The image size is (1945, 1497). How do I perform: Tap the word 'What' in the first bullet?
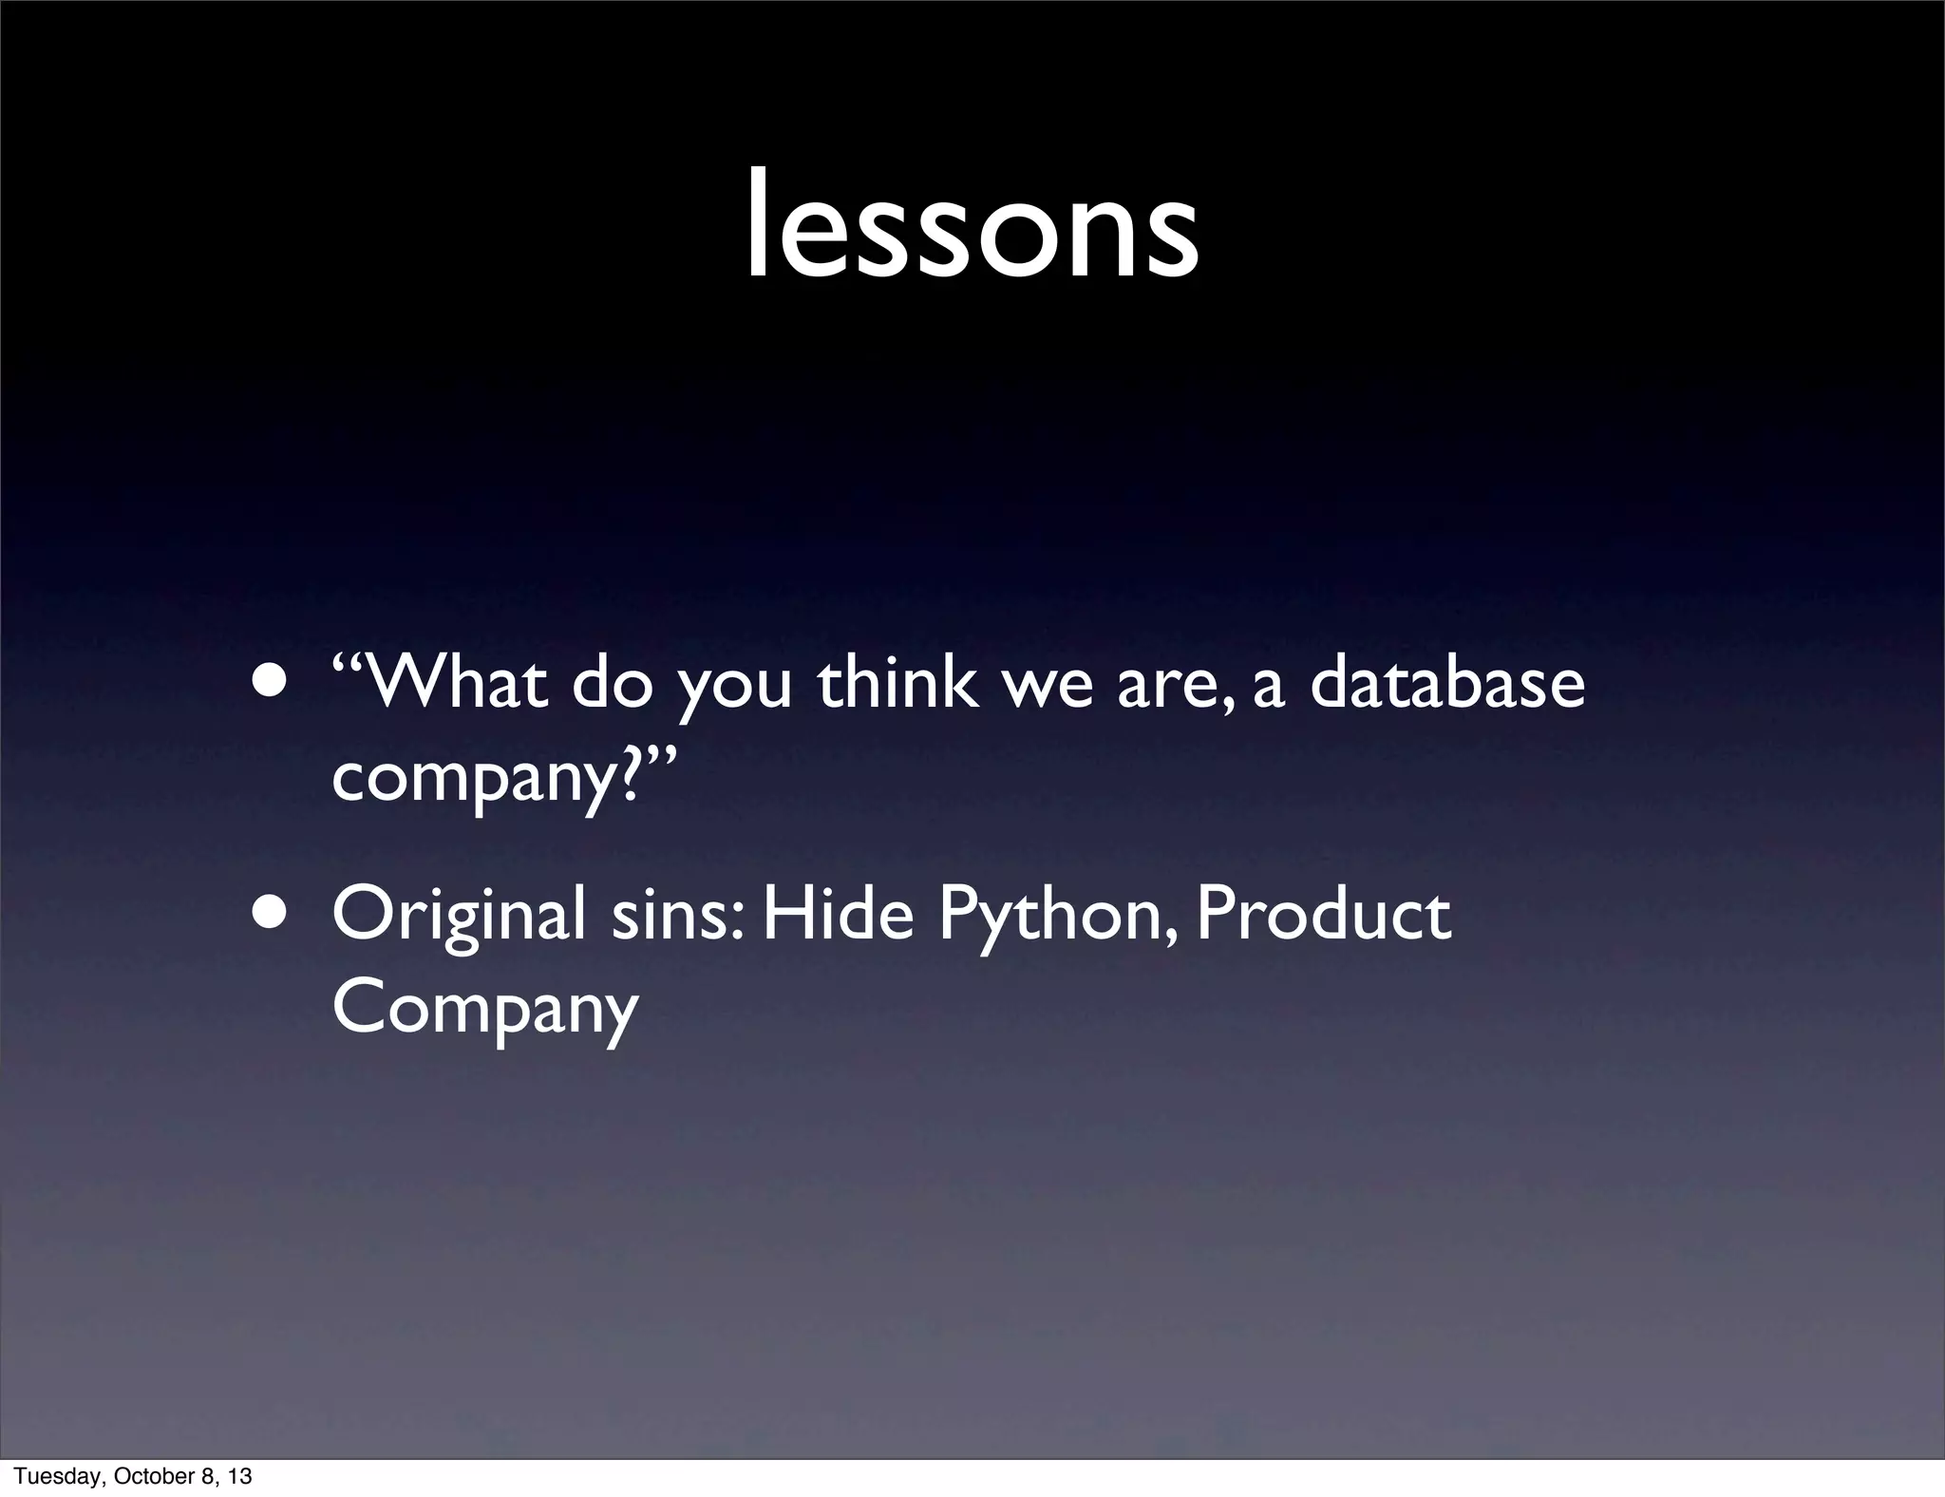click(456, 683)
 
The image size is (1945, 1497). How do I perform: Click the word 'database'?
click(1447, 683)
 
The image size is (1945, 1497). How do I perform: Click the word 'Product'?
click(1323, 914)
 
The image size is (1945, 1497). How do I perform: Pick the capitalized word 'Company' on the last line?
click(485, 1010)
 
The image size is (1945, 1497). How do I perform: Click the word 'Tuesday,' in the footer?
click(56, 1476)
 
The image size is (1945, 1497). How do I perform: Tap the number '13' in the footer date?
click(240, 1476)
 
